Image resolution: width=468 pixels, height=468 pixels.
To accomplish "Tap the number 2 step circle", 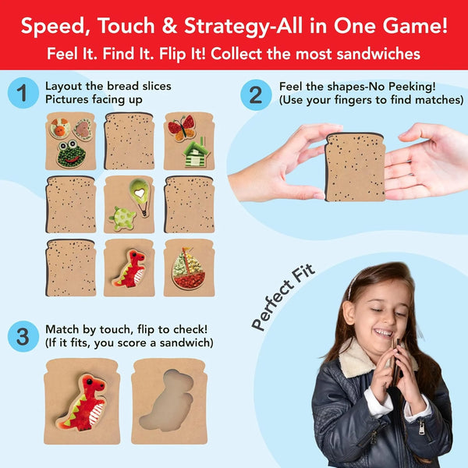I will (255, 94).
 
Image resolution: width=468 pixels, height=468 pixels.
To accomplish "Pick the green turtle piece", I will (122, 219).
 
